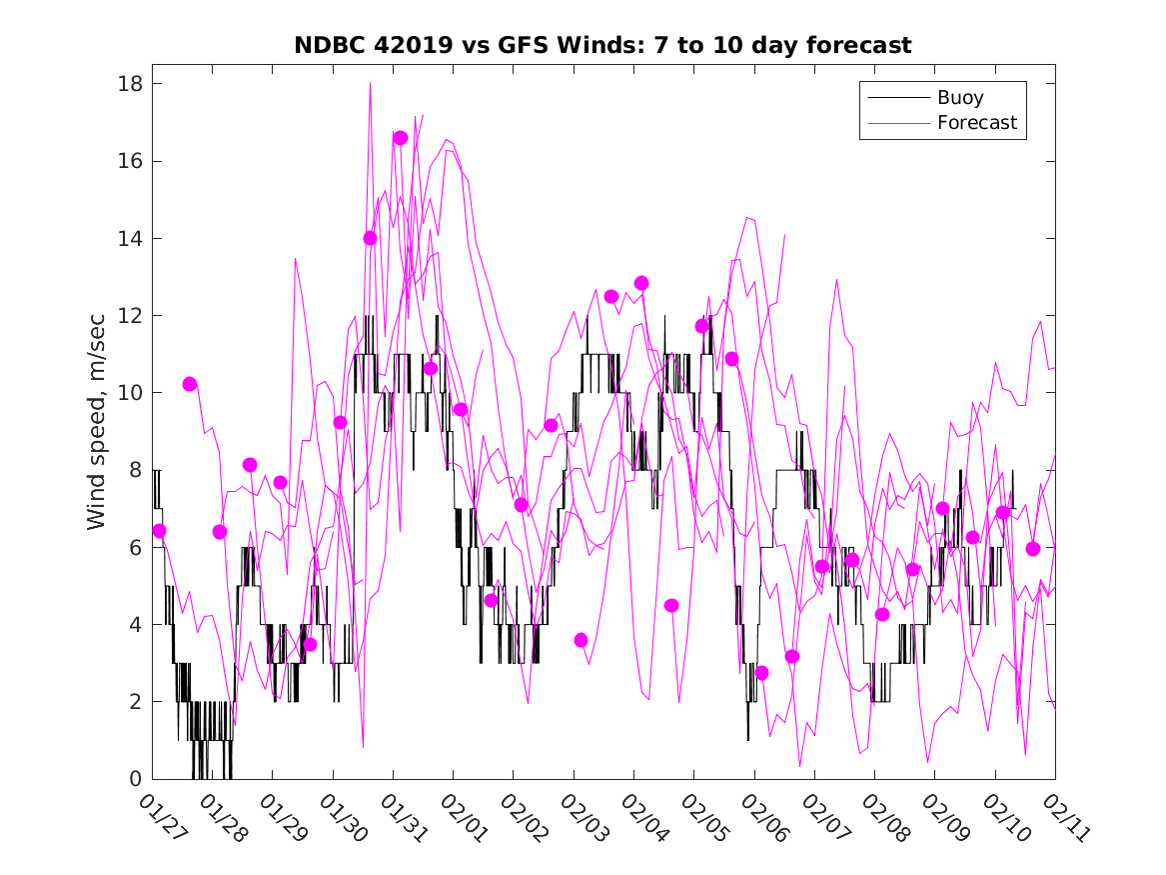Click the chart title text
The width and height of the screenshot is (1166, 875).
click(602, 46)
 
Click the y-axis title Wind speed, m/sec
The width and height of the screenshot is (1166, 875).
click(96, 432)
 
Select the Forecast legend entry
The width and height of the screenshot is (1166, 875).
click(976, 123)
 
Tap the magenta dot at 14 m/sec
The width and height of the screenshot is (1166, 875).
click(370, 238)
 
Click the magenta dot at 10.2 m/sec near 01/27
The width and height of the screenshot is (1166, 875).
click(190, 384)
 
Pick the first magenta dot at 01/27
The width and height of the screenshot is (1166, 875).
click(159, 530)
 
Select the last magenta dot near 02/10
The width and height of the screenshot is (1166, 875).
click(1033, 548)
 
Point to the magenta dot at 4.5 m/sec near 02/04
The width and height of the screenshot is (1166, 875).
click(671, 605)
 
